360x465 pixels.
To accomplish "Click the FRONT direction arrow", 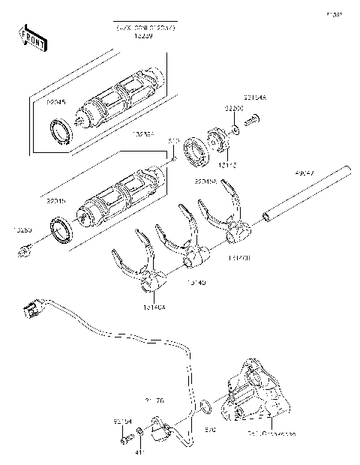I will (x=28, y=37).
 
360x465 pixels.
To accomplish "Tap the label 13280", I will (x=22, y=231).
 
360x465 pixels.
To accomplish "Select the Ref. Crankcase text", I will (x=250, y=434).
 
